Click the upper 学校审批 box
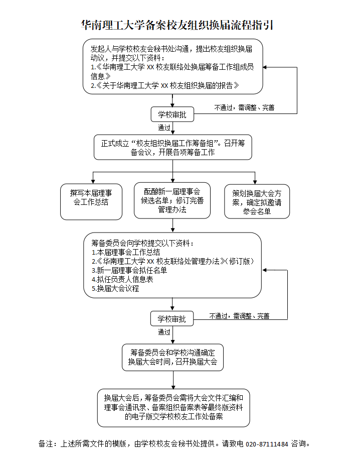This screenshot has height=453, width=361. pos(172,115)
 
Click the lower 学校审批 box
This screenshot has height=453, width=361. pos(171,319)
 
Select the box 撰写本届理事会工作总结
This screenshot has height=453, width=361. pos(91,197)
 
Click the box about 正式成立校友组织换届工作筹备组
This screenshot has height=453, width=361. pos(173,148)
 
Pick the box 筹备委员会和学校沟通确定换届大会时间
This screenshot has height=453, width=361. pos(172,357)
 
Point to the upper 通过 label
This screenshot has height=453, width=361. pos(164,128)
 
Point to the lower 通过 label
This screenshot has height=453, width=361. pos(164,332)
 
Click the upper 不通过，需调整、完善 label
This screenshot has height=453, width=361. pos(244,107)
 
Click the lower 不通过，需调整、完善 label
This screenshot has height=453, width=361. pos(239,316)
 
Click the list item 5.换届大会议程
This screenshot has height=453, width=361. pos(115,289)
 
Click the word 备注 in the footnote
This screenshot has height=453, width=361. pos(47,444)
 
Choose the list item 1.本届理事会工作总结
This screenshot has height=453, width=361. pos(125,252)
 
